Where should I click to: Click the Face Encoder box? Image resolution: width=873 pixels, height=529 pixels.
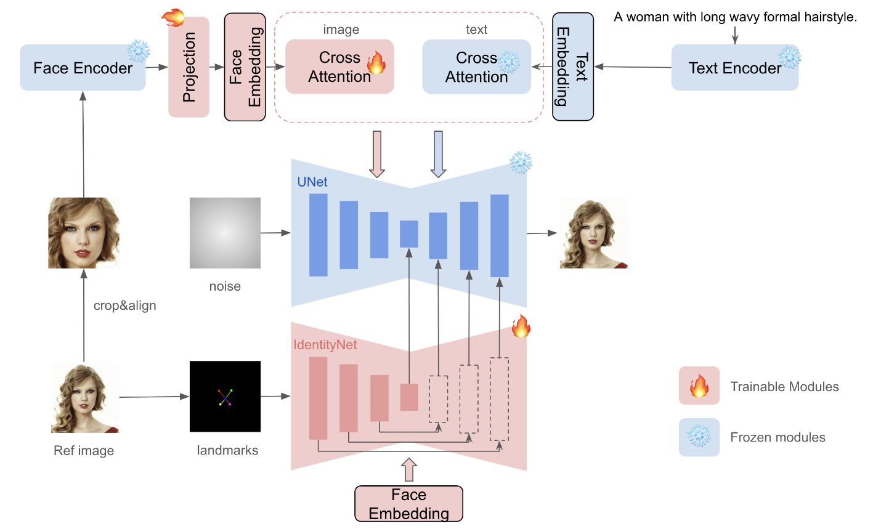tap(83, 68)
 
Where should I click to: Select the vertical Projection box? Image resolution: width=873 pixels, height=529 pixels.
tap(189, 67)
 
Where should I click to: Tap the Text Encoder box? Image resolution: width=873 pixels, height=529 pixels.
tap(734, 68)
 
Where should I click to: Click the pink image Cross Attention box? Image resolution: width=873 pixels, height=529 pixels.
tap(339, 67)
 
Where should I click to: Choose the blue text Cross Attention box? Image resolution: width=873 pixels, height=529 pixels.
tap(476, 67)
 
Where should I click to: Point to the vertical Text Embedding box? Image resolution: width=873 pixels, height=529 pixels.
tap(573, 67)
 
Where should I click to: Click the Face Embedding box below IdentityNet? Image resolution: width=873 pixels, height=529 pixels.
tap(408, 504)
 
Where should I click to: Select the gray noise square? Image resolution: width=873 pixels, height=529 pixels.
tap(225, 233)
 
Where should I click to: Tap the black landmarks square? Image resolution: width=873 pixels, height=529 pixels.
tap(225, 397)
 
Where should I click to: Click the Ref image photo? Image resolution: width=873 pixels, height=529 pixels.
tap(84, 398)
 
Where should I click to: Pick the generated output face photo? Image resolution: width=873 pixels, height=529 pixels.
tap(593, 233)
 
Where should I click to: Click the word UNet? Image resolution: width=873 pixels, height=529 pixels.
tap(312, 182)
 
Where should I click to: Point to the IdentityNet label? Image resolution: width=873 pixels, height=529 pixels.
tap(325, 345)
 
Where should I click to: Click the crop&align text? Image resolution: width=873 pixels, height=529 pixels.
tap(124, 305)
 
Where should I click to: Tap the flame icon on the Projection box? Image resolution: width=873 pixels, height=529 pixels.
tap(174, 17)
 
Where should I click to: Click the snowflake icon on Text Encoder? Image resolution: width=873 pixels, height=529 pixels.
tap(789, 57)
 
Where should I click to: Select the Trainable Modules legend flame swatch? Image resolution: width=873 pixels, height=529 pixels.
tap(699, 386)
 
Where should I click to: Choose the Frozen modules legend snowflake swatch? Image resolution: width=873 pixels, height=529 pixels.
tap(699, 437)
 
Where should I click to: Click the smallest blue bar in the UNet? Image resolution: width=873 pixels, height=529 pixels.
tap(408, 234)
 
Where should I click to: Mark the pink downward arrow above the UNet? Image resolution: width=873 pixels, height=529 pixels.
tap(376, 153)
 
